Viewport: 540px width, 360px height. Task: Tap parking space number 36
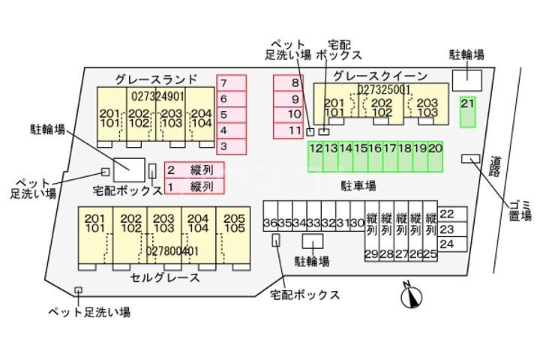click(x=270, y=223)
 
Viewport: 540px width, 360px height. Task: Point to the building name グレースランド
click(x=156, y=79)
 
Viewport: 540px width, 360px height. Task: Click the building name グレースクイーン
click(x=380, y=76)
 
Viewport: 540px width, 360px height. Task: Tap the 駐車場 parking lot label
click(x=358, y=184)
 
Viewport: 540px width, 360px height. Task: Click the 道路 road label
click(x=496, y=166)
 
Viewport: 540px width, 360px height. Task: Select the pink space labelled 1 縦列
click(x=193, y=186)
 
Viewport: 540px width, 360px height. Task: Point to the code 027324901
click(x=157, y=97)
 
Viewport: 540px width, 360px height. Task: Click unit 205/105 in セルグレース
click(x=235, y=223)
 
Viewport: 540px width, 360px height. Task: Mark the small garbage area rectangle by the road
click(x=470, y=157)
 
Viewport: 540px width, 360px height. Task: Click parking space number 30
click(x=357, y=223)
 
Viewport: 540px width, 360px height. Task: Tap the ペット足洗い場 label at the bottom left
click(x=90, y=311)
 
